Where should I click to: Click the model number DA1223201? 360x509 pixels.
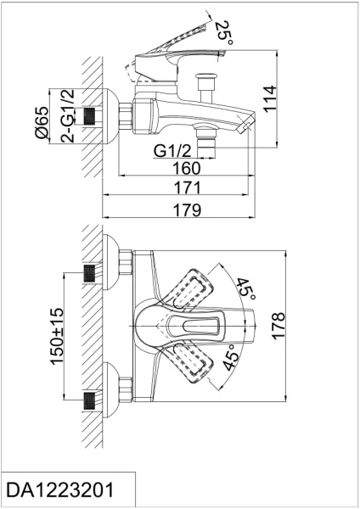click(60, 489)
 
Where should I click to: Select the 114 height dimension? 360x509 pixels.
click(270, 99)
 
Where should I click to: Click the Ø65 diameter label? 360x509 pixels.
click(42, 122)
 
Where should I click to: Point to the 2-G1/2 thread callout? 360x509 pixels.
click(67, 115)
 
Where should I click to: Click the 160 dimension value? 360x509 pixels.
click(187, 168)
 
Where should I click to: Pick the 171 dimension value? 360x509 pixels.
click(188, 187)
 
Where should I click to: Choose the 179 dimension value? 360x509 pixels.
click(187, 210)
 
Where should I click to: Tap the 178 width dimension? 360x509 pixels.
click(278, 326)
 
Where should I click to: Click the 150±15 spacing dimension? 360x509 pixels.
click(56, 336)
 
